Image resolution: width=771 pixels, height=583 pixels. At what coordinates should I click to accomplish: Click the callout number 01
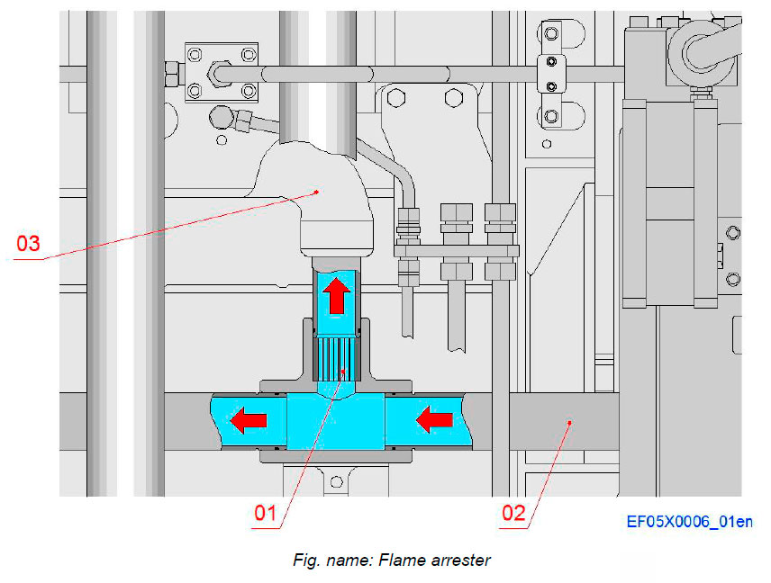(x=264, y=515)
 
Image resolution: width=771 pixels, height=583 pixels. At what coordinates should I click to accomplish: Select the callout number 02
(x=512, y=515)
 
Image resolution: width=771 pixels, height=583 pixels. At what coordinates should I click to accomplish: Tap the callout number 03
(x=29, y=243)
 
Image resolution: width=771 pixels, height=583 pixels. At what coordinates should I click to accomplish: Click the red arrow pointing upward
(x=336, y=295)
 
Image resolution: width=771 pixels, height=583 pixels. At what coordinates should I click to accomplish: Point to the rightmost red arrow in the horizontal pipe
(x=436, y=418)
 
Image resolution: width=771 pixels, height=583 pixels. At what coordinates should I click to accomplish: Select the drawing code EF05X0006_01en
(x=689, y=521)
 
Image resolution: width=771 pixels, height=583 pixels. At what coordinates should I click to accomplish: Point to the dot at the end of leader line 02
(x=568, y=419)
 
